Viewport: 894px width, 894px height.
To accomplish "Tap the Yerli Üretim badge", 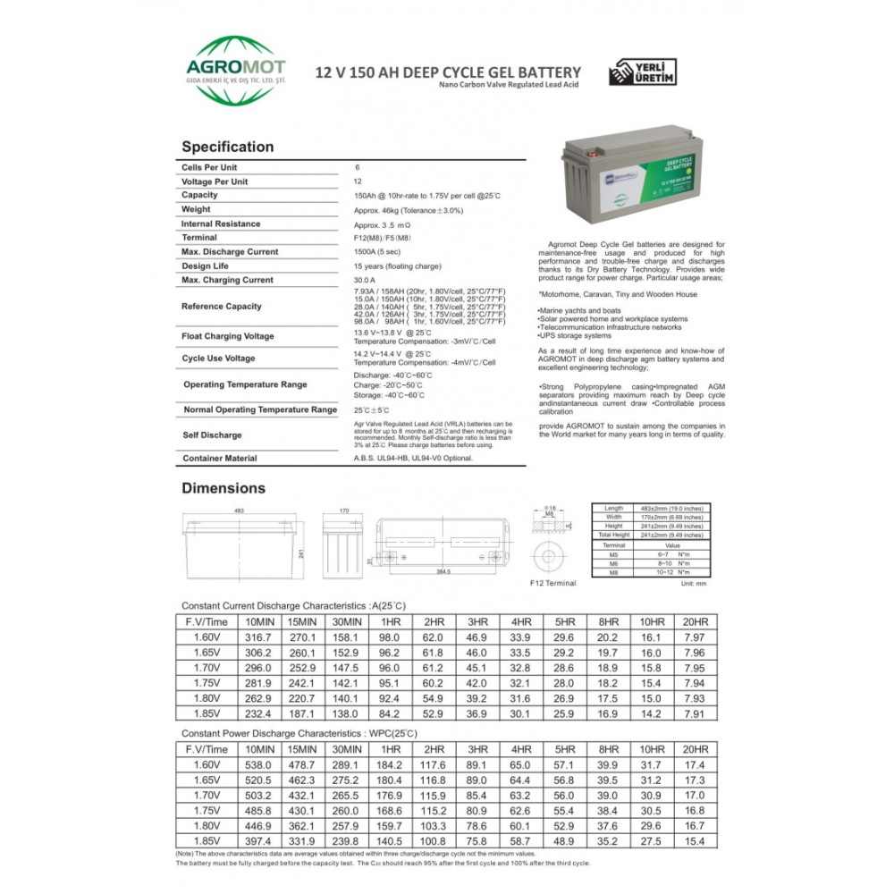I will [643, 72].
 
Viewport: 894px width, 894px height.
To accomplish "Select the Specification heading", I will [227, 147].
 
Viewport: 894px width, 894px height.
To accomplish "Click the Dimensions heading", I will [223, 488].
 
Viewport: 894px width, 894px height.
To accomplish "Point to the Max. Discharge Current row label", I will [230, 252].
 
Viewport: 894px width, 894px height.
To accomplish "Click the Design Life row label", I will [208, 266].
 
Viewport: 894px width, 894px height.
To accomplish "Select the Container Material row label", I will [219, 458].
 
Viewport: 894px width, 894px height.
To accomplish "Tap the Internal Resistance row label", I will [221, 223].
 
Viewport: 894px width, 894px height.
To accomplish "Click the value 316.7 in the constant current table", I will [259, 637].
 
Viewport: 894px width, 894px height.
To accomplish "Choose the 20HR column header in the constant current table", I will [695, 621].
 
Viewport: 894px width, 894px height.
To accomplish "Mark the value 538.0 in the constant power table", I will [259, 765].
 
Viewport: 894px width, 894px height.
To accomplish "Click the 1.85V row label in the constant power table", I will [207, 842].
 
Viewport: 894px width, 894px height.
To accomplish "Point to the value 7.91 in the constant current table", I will [695, 714].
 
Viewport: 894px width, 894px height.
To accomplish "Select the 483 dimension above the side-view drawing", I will [239, 510].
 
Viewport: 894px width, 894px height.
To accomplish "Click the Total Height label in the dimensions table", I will [613, 535].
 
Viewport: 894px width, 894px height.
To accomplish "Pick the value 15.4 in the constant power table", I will [695, 842].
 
